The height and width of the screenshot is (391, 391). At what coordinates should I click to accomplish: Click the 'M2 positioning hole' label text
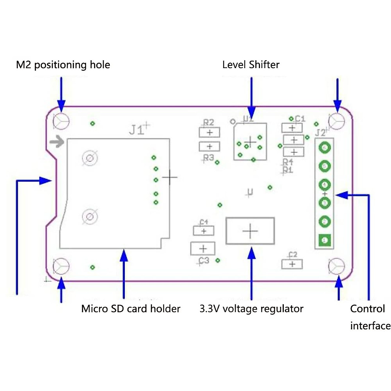pyautogui.click(x=63, y=65)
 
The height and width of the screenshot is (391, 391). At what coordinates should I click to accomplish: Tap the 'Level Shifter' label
pyautogui.click(x=251, y=65)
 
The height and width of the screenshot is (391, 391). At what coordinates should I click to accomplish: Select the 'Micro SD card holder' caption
pyautogui.click(x=131, y=309)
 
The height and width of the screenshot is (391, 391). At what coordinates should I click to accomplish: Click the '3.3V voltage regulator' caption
pyautogui.click(x=251, y=309)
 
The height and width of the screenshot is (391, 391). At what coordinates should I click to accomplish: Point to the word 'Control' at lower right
pyautogui.click(x=367, y=309)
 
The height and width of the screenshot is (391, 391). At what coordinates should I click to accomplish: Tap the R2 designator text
pyautogui.click(x=209, y=123)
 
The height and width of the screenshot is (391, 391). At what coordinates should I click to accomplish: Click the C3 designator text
pyautogui.click(x=204, y=261)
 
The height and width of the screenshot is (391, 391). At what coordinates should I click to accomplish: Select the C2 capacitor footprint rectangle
pyautogui.click(x=292, y=264)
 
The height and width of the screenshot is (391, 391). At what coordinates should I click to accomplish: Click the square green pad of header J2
pyautogui.click(x=324, y=240)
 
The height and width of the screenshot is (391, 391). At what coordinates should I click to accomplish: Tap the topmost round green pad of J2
pyautogui.click(x=324, y=148)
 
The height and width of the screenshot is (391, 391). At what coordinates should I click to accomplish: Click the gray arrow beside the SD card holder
pyautogui.click(x=57, y=142)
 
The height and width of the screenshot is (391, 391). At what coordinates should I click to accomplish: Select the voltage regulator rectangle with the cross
pyautogui.click(x=250, y=231)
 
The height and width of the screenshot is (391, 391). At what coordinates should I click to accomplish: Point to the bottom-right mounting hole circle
pyautogui.click(x=336, y=266)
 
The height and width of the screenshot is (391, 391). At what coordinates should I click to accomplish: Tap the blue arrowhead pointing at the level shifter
pyautogui.click(x=251, y=110)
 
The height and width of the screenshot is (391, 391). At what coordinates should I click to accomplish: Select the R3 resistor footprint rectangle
pyautogui.click(x=210, y=147)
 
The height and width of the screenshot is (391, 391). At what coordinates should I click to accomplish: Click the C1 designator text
pyautogui.click(x=300, y=119)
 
